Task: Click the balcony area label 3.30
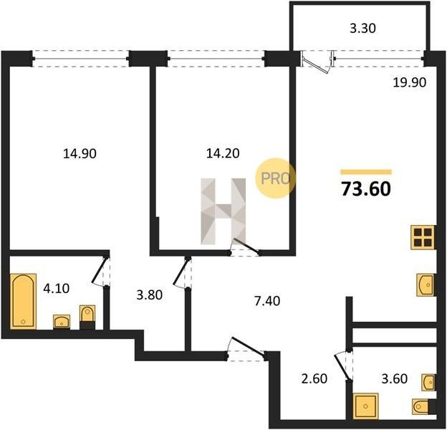coord(362,29)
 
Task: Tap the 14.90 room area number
coord(80,154)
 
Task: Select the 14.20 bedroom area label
coord(223,153)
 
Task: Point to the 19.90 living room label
coord(409,82)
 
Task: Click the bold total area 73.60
coord(366,189)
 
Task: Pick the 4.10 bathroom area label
coord(56,289)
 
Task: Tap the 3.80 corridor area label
coord(150,295)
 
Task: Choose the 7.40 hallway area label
coord(267,301)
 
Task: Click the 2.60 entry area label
coord(314,378)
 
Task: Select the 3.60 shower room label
coord(394,378)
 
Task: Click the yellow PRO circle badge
coord(275,178)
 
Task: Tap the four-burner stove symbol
coord(423,237)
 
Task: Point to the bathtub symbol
coord(23,302)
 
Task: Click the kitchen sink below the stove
coord(426,285)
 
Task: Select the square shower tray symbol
coord(365,406)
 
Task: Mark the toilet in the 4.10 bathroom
coord(87,317)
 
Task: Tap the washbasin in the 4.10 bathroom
coord(62,322)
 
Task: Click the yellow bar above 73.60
coord(366,172)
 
